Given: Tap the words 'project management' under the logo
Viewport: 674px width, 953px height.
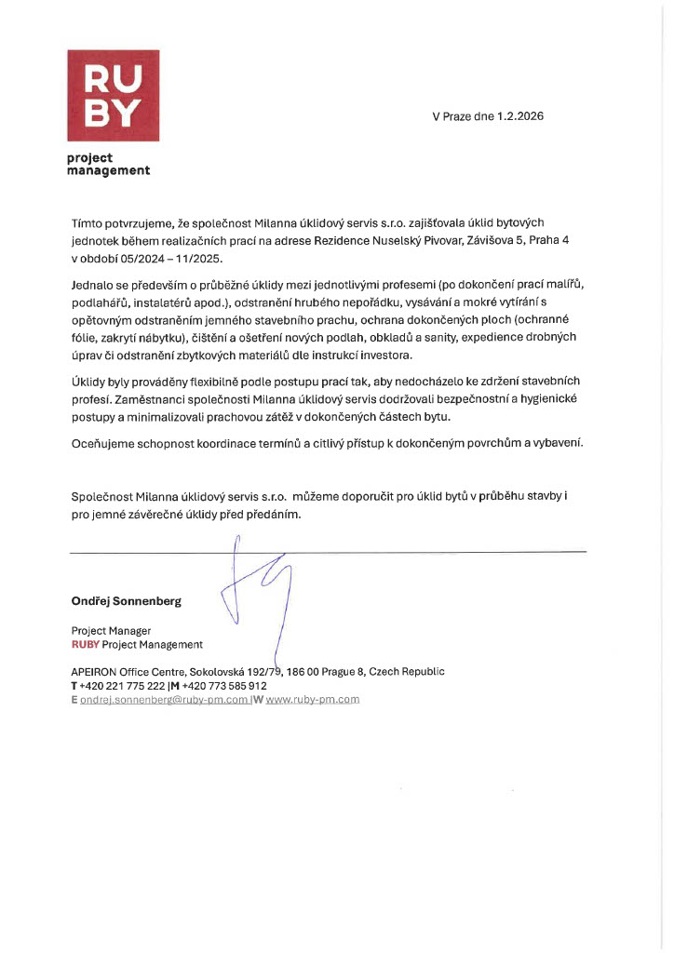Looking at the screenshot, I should coord(108,164).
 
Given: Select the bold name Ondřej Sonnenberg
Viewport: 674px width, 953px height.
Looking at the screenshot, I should coord(126,601).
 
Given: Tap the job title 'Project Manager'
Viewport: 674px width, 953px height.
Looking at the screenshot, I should coord(111,631).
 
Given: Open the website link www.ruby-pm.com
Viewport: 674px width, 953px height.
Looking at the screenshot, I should coord(312,699).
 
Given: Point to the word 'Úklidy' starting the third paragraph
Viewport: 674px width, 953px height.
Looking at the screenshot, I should coord(90,382).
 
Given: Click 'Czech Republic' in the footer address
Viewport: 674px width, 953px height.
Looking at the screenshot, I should coord(407,671).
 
